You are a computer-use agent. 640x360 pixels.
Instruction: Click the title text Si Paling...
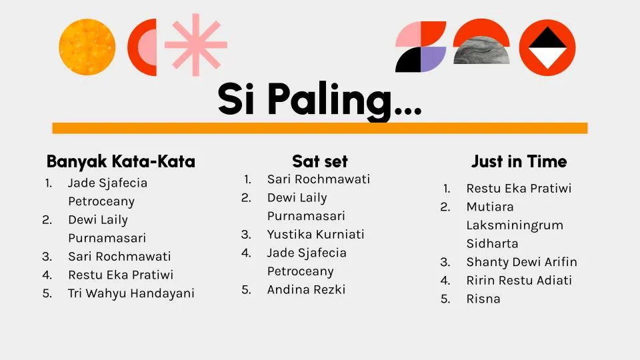(x=319, y=99)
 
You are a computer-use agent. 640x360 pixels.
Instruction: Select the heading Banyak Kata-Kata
(x=121, y=161)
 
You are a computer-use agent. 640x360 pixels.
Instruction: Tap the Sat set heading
(x=320, y=161)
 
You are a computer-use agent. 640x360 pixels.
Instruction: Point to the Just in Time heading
(x=519, y=161)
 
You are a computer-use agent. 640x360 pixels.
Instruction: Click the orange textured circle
(x=87, y=47)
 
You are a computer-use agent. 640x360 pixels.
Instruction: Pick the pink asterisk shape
(x=196, y=45)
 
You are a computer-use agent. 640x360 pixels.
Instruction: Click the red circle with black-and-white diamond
(x=547, y=47)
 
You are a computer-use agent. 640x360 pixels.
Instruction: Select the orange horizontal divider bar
(x=320, y=128)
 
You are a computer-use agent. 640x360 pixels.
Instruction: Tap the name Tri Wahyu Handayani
(x=131, y=293)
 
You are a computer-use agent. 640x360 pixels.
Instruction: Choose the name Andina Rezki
(x=306, y=289)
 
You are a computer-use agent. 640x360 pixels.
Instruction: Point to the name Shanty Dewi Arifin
(x=521, y=262)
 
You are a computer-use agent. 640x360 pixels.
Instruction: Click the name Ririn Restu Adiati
(x=519, y=281)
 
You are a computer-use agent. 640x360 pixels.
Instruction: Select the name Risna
(x=483, y=299)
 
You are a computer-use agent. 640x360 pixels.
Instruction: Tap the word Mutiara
(x=490, y=207)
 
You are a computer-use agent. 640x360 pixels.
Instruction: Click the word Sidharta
(x=492, y=244)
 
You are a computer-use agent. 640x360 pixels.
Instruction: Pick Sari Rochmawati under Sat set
(x=319, y=179)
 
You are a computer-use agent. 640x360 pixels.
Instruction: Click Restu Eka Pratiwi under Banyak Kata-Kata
(x=121, y=275)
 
